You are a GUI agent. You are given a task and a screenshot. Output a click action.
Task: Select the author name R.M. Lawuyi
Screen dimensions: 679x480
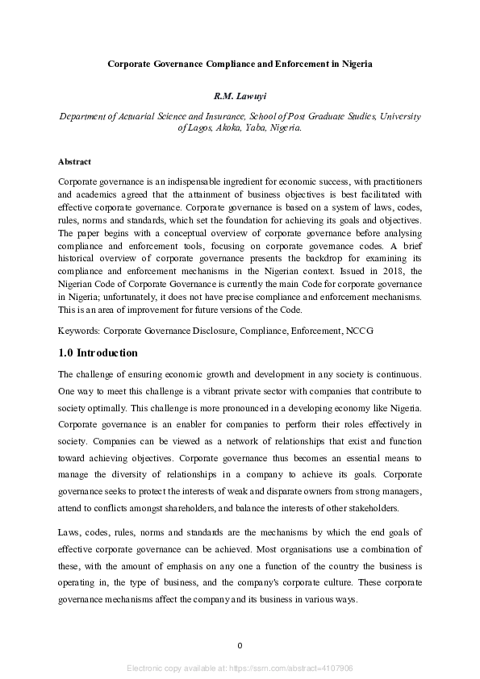(240, 97)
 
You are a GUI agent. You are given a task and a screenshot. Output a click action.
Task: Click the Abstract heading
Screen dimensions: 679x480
(75, 161)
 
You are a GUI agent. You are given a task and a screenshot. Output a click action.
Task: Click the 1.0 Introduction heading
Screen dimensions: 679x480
(98, 353)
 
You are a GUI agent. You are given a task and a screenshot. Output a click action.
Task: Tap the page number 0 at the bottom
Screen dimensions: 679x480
(240, 645)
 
